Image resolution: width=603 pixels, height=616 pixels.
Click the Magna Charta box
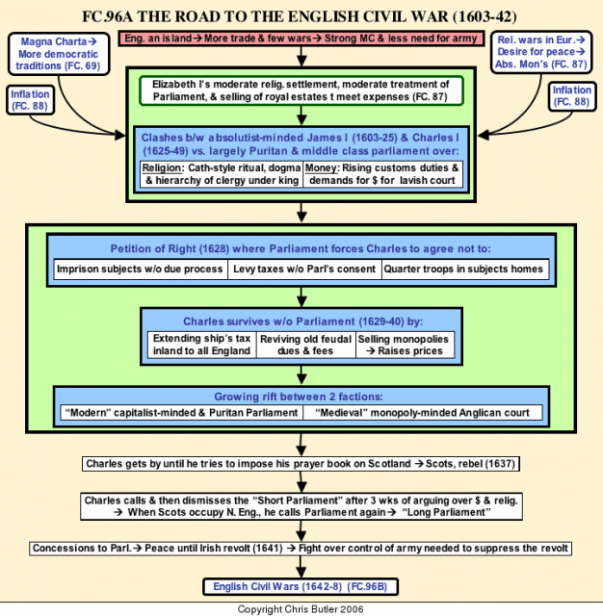coord(59,54)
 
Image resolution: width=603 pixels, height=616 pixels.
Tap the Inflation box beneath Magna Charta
coord(30,100)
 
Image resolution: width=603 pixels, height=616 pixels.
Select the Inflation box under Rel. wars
coord(572,96)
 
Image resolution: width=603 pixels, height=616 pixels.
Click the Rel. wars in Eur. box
coord(541,52)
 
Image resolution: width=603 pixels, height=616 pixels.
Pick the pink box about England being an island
coord(301,38)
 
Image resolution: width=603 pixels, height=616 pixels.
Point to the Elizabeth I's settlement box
coord(301,90)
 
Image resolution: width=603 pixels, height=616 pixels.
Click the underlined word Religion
coord(162,168)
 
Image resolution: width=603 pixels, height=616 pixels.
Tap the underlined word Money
coord(321,168)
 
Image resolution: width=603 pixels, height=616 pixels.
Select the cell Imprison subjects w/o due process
coord(141,269)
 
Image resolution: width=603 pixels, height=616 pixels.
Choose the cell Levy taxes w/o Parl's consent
coord(304,269)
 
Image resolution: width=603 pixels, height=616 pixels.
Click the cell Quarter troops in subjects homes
coord(465,269)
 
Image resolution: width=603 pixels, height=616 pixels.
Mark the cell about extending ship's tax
coord(201,345)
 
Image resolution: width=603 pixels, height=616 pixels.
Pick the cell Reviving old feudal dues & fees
coord(305,345)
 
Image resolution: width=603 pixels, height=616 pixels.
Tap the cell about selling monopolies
coord(405,345)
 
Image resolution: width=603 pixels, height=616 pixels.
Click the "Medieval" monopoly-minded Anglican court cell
coord(423,413)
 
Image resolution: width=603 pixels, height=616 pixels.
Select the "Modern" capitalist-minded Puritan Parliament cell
coord(182,413)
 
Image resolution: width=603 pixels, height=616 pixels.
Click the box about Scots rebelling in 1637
coord(301,464)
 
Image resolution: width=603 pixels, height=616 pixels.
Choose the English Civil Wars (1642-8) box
coord(301,586)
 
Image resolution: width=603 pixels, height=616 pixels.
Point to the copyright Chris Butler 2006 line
coord(301,609)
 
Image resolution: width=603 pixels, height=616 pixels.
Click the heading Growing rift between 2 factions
coord(299,397)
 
